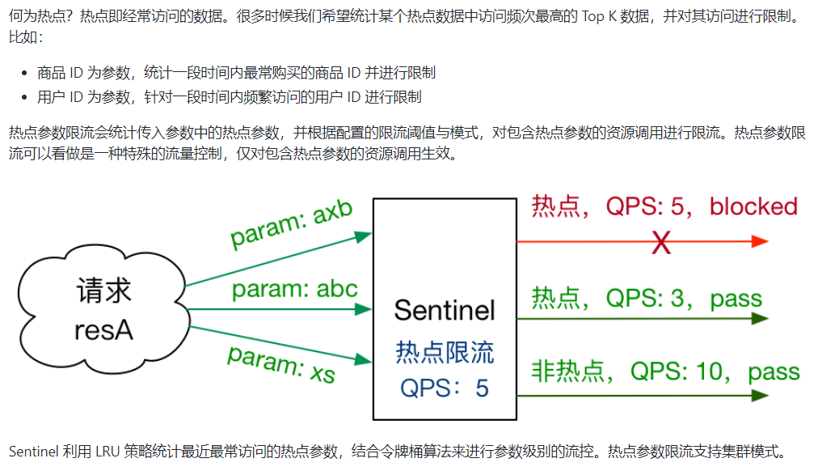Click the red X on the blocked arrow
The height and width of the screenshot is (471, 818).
[661, 242]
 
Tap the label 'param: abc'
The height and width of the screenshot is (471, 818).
[294, 289]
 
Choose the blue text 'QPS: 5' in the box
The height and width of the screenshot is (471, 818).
[445, 388]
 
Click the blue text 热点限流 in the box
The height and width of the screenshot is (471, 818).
[444, 352]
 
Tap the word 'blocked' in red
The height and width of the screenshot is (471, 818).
[753, 206]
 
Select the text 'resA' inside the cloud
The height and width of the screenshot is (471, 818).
[103, 330]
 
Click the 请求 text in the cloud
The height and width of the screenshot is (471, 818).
[103, 291]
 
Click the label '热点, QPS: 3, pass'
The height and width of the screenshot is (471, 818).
[647, 299]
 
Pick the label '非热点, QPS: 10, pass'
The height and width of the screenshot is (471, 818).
[665, 371]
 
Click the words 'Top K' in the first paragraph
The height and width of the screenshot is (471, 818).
[598, 17]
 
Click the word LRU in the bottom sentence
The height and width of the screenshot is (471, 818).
[108, 452]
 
